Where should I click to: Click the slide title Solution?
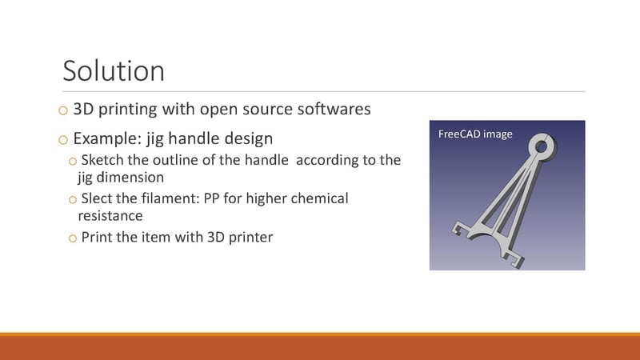click(x=114, y=71)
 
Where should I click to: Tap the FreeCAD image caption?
click(x=475, y=134)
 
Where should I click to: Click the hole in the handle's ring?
click(x=542, y=146)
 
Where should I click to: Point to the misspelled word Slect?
click(x=96, y=198)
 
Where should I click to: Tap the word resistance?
click(x=110, y=216)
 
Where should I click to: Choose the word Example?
click(x=108, y=138)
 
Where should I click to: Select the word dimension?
click(x=130, y=177)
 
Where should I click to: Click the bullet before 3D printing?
click(x=63, y=110)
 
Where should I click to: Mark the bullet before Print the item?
click(x=73, y=238)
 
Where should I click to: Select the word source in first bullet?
click(x=267, y=110)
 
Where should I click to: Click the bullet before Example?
click(x=63, y=141)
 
